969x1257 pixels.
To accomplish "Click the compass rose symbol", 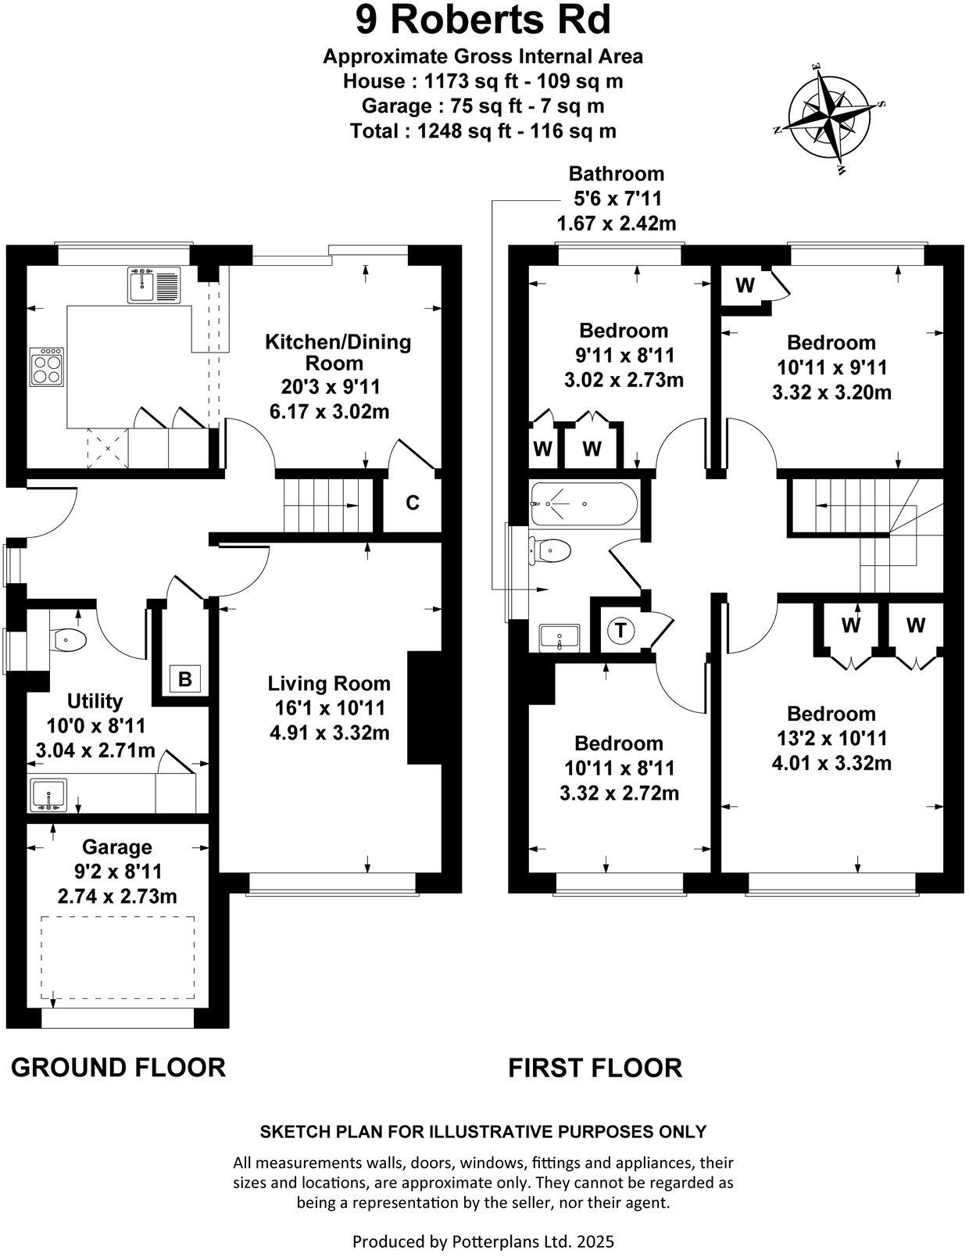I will point(829,120).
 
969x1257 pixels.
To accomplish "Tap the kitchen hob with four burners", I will point(46,367).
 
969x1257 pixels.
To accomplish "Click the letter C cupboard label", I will point(413,503).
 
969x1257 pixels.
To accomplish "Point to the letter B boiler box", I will point(185,679).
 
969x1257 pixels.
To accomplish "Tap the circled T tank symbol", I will point(620,630).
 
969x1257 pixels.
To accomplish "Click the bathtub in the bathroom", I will point(583,504).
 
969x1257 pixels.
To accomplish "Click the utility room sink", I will point(48,796).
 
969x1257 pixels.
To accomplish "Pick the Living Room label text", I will point(329,684).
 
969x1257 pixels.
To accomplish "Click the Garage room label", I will point(117,847).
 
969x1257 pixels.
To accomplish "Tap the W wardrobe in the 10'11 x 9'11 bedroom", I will point(745,286).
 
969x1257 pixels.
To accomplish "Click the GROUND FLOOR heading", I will point(118,1067).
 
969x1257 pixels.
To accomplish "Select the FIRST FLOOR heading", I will point(595,1067).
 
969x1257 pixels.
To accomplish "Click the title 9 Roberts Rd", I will point(483,21).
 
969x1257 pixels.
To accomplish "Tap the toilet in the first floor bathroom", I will point(552,550).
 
